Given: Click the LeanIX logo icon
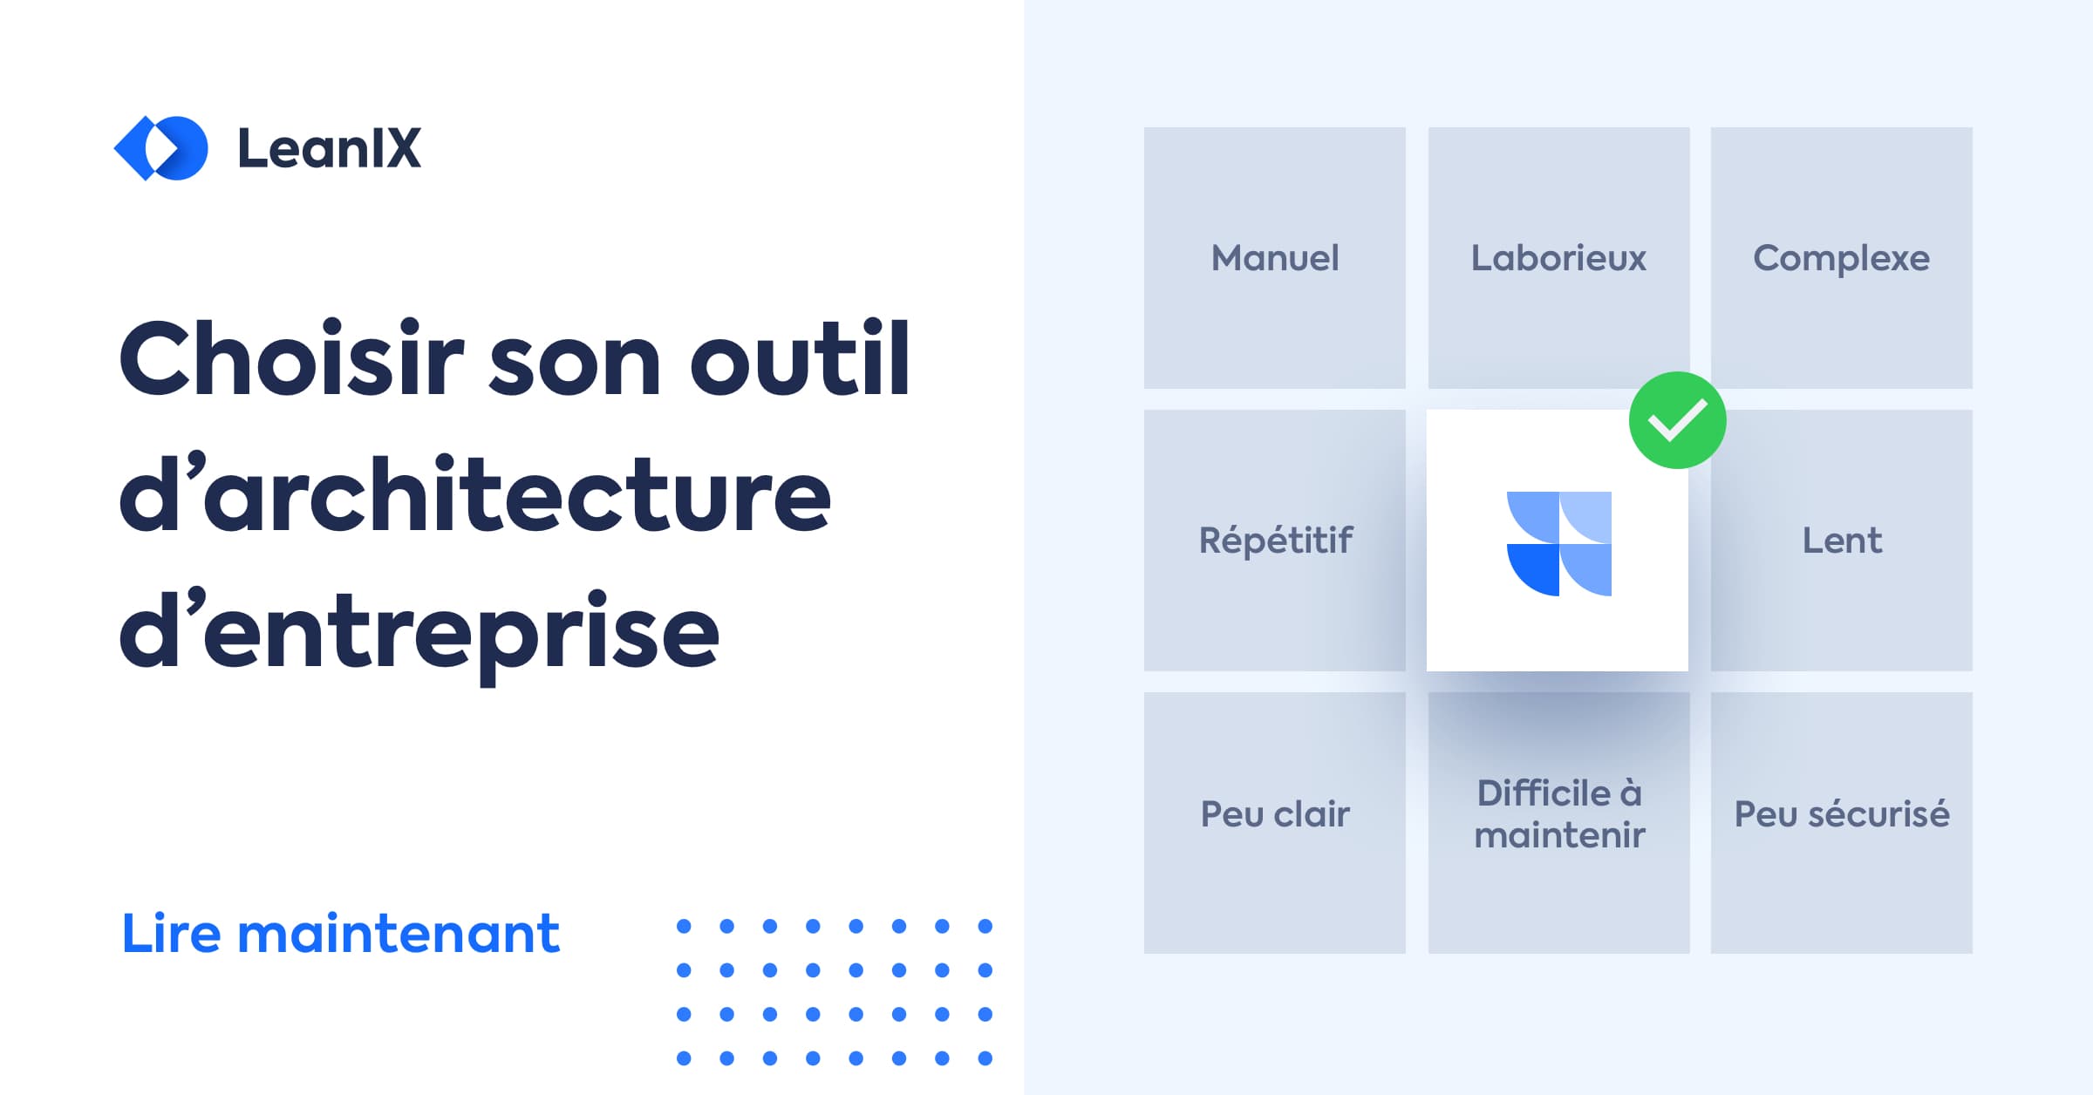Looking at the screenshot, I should click(x=161, y=148).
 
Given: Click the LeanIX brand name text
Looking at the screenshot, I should click(x=329, y=148).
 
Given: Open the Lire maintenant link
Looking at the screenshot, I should click(x=340, y=934).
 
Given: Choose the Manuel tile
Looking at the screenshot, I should click(x=1275, y=258).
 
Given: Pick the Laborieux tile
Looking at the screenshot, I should click(x=1558, y=258).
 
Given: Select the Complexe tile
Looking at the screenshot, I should click(x=1841, y=258).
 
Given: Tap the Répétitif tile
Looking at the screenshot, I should click(x=1275, y=541).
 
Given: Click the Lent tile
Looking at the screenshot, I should click(x=1841, y=541).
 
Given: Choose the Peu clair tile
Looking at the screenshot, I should click(x=1275, y=814).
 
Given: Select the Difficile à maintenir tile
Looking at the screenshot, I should click(x=1558, y=814).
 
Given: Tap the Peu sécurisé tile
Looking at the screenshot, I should click(x=1841, y=814).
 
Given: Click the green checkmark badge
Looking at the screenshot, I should click(x=1677, y=420).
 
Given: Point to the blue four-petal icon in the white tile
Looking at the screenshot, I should click(x=1558, y=543).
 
